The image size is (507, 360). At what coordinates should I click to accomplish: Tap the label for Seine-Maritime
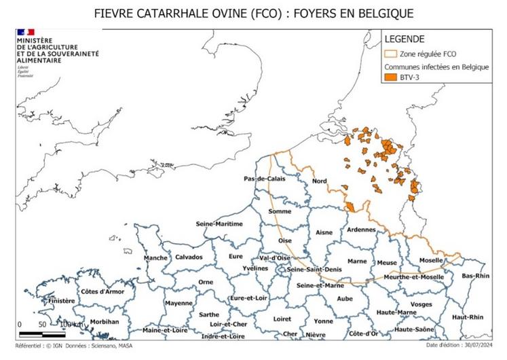click(x=219, y=223)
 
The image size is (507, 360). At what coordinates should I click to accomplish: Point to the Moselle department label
click(x=432, y=260)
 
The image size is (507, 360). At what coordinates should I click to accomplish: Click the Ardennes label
click(x=361, y=230)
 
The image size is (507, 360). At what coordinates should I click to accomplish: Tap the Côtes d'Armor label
click(x=104, y=291)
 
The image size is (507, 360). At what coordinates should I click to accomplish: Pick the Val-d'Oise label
click(x=275, y=258)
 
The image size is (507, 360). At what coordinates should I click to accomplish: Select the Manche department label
click(x=155, y=257)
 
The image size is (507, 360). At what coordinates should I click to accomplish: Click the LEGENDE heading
click(x=405, y=39)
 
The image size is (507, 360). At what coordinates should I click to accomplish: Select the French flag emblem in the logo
click(x=26, y=32)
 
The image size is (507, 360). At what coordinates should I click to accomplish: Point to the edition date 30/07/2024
click(x=472, y=346)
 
